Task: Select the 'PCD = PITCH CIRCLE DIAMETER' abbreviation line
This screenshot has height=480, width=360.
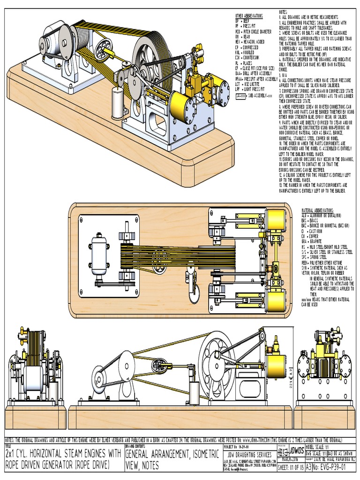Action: click(x=253, y=32)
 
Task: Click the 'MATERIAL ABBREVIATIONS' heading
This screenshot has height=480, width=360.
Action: click(x=317, y=210)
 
